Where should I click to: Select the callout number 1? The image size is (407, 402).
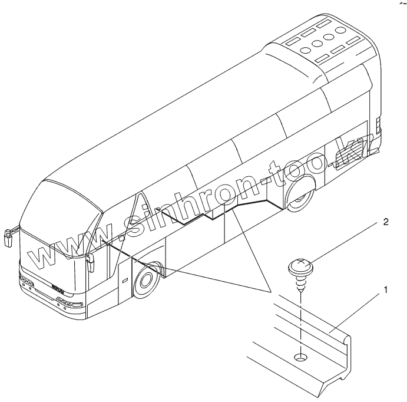point(386,289)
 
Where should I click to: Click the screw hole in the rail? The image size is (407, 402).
point(301,357)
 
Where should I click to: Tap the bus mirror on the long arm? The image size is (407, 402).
point(7,236)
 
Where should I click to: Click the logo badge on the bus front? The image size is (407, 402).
point(58,292)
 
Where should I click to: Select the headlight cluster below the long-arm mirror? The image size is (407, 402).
point(25,282)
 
